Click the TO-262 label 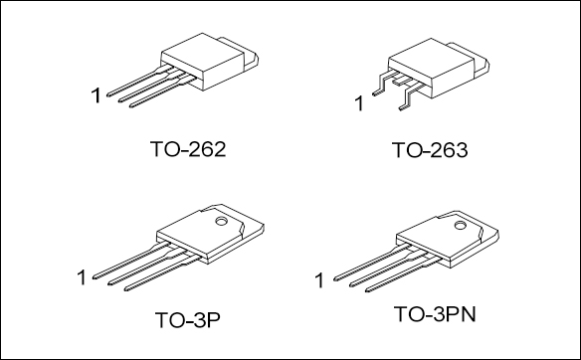pos(188,149)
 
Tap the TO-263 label pos(430,150)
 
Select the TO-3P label pos(187,320)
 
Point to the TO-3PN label pos(435,314)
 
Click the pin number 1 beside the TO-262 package pos(96,95)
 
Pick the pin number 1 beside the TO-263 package pos(359,103)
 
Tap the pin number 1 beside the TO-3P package pos(82,277)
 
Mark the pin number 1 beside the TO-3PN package pos(319,280)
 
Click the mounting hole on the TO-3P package pos(221,222)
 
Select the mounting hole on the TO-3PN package pos(460,225)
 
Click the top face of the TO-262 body pos(202,50)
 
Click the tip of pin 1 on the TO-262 pos(108,94)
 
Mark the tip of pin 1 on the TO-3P pos(94,277)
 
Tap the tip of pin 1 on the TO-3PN pos(335,278)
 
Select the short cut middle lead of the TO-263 pos(401,82)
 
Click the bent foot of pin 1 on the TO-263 pos(376,93)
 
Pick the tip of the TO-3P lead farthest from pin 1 pos(125,288)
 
